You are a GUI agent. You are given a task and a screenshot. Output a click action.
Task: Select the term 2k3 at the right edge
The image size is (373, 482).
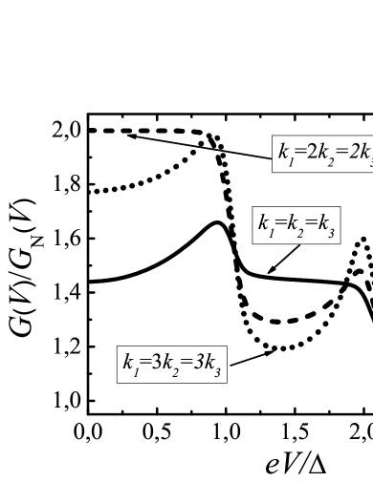361,154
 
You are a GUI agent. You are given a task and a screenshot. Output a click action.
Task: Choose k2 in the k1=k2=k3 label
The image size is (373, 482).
294,225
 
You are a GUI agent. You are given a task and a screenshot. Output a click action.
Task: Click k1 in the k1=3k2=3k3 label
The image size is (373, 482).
131,364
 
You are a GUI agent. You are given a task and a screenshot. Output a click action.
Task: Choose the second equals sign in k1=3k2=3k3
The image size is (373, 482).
187,364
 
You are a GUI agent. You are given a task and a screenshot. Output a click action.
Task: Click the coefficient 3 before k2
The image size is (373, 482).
157,363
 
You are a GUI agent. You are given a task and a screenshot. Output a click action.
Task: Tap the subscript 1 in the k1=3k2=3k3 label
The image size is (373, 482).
137,370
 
